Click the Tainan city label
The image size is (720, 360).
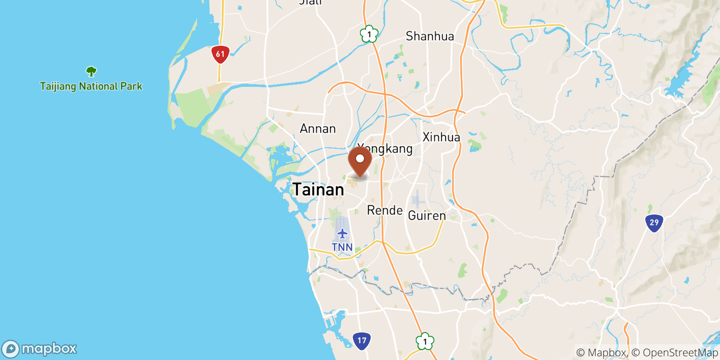318,189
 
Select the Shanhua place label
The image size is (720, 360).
430,36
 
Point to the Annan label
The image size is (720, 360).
318,129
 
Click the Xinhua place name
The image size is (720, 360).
441,137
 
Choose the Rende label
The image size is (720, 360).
385,210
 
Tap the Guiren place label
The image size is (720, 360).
427,216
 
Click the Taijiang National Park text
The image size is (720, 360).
91,86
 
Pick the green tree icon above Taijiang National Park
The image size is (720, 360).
91,71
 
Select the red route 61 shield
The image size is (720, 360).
220,54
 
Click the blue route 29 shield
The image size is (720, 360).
654,222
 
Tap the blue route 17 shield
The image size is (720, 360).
362,341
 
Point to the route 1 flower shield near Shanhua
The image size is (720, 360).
369,34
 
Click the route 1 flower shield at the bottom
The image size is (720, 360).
424,342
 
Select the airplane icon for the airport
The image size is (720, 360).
342,234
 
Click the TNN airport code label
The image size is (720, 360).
342,247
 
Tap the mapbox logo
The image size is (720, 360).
40,349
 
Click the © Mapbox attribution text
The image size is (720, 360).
601,352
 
